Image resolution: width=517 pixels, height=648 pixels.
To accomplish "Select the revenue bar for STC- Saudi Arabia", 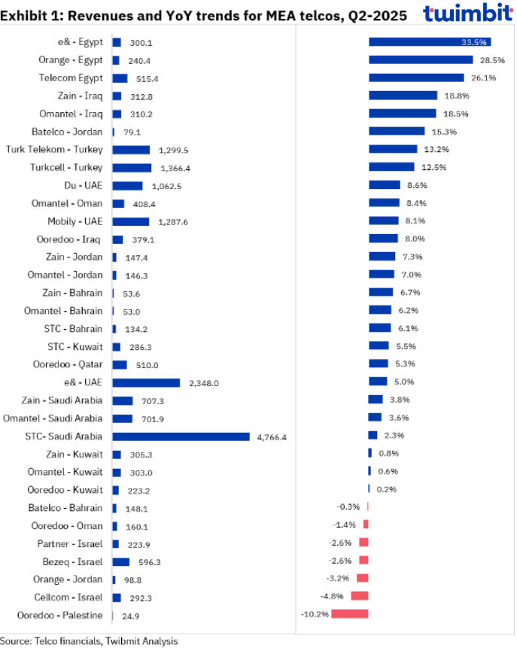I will pyautogui.click(x=181, y=437).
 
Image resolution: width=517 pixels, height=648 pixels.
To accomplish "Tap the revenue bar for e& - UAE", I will pyautogui.click(x=146, y=382).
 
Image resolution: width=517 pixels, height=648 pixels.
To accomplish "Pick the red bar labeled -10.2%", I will pyautogui.click(x=350, y=614).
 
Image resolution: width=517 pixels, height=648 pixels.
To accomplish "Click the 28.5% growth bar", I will pyautogui.click(x=420, y=60).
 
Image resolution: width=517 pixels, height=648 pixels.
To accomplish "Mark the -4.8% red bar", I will pyautogui.click(x=360, y=596).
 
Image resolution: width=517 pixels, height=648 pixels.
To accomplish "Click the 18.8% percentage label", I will pyautogui.click(x=453, y=96).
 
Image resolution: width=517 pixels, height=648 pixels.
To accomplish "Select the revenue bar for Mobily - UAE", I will pyautogui.click(x=131, y=221).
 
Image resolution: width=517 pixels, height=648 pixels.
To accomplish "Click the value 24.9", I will pyautogui.click(x=131, y=615).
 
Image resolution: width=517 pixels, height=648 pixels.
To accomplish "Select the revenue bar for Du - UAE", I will pyautogui.click(x=127, y=185).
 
